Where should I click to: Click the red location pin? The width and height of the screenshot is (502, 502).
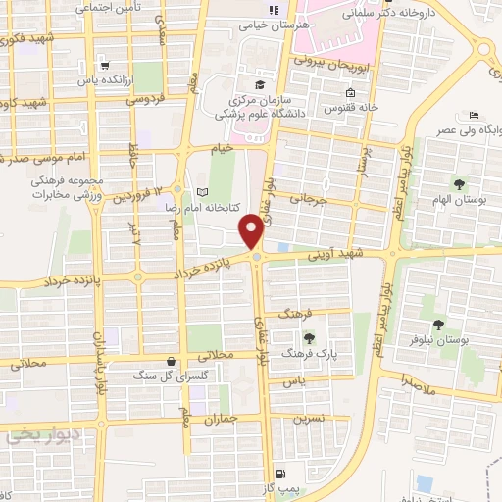[254, 231]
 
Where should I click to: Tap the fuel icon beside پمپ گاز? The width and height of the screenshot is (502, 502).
[282, 472]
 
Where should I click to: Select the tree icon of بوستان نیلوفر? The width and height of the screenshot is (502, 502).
[438, 323]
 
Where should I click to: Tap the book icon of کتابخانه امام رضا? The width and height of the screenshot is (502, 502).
[203, 192]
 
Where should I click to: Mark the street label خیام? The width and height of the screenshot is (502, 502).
[226, 146]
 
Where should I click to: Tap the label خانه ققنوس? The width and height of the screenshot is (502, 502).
[345, 106]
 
